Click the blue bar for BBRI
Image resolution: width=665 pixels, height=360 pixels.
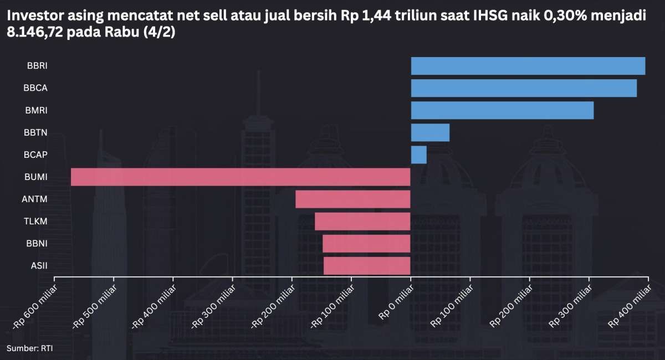[x=528, y=66]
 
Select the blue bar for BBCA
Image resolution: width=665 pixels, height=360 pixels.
[x=524, y=88]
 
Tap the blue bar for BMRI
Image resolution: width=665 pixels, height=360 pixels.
[x=502, y=110]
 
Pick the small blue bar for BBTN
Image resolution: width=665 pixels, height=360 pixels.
[x=430, y=132]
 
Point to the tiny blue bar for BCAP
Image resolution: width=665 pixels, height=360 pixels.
[x=418, y=155]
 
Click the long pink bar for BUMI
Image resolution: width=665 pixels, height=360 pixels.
[x=241, y=177]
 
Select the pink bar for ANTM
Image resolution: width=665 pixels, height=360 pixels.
[x=353, y=199]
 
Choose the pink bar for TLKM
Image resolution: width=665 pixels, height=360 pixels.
[x=362, y=221]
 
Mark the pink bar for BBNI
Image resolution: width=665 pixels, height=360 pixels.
[x=366, y=243]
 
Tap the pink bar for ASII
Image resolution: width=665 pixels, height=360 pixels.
[x=367, y=265]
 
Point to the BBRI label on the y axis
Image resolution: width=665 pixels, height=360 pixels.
[x=37, y=66]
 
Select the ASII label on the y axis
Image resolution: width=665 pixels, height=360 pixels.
[x=39, y=265]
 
